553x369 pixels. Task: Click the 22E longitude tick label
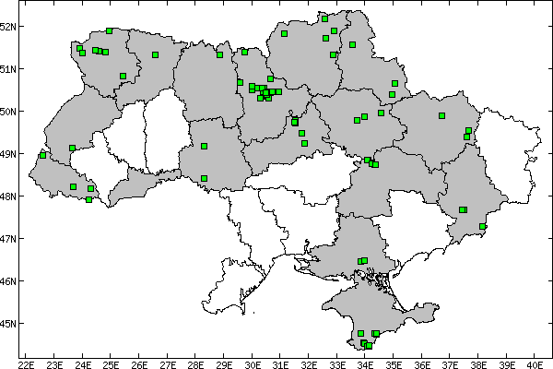point(26,363)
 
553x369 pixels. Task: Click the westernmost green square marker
point(42,155)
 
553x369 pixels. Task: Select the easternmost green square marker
point(482,226)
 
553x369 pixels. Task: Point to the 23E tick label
point(54,363)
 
